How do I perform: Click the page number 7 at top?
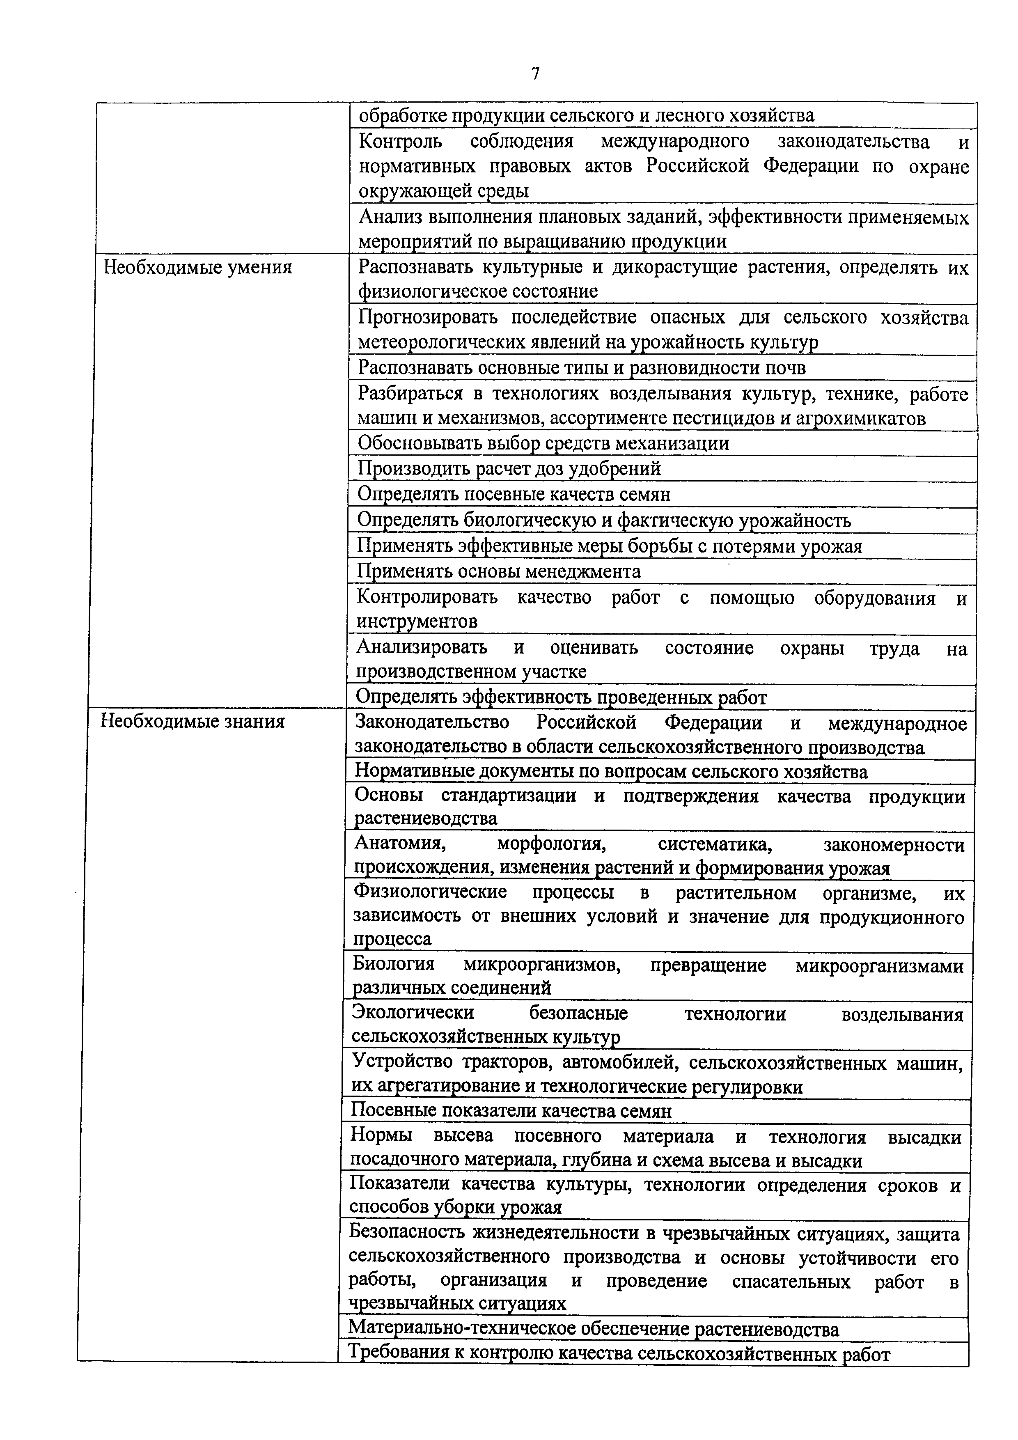point(535,74)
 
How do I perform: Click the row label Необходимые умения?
point(197,268)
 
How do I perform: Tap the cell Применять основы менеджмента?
point(499,571)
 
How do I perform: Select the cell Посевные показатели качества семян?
point(511,1111)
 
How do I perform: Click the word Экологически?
point(413,1013)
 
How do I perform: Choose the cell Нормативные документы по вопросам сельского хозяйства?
point(611,771)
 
